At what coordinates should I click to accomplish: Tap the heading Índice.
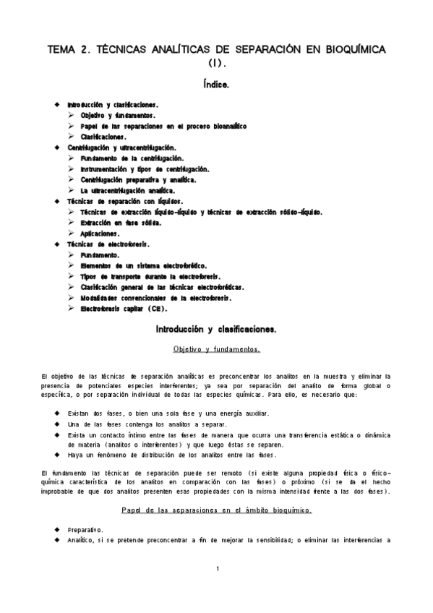tap(217, 85)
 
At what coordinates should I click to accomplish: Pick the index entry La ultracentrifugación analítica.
tap(128, 190)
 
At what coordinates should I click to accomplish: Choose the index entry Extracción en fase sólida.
tap(121, 223)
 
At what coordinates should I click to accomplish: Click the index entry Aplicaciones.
tap(100, 233)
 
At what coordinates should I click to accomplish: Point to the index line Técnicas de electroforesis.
tap(106, 244)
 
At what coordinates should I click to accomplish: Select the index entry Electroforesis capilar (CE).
tap(124, 309)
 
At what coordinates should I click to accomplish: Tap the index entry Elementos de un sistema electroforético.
tap(141, 265)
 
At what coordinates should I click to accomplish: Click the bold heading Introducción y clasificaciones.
tap(217, 330)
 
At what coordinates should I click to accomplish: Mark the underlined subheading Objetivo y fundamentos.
tap(217, 349)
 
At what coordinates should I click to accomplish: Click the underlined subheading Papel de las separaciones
tap(217, 510)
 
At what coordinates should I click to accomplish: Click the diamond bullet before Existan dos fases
tap(57, 413)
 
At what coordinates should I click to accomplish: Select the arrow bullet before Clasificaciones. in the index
tap(72, 137)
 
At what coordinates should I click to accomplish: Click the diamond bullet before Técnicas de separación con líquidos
tap(57, 201)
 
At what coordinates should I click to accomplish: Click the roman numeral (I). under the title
tap(217, 63)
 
